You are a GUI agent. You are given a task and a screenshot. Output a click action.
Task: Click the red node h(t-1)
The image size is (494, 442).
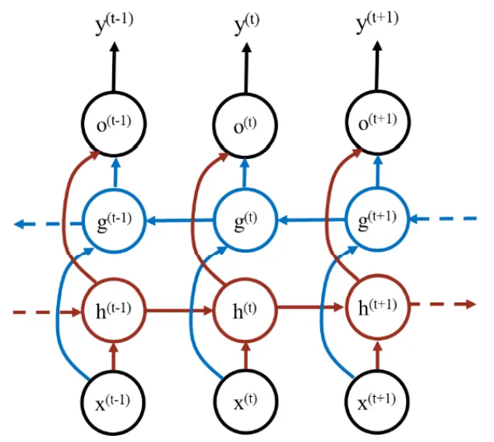(x=114, y=310)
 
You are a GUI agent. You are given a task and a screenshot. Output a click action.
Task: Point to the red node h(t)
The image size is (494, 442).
(x=245, y=310)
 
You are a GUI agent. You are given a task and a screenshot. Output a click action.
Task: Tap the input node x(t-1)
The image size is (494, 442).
(x=114, y=403)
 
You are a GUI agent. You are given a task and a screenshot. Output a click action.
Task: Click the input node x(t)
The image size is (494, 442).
(x=245, y=403)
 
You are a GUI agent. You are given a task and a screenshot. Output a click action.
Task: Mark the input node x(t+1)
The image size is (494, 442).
(x=376, y=403)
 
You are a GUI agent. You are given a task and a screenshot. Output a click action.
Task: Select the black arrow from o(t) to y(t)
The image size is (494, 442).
(x=245, y=70)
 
